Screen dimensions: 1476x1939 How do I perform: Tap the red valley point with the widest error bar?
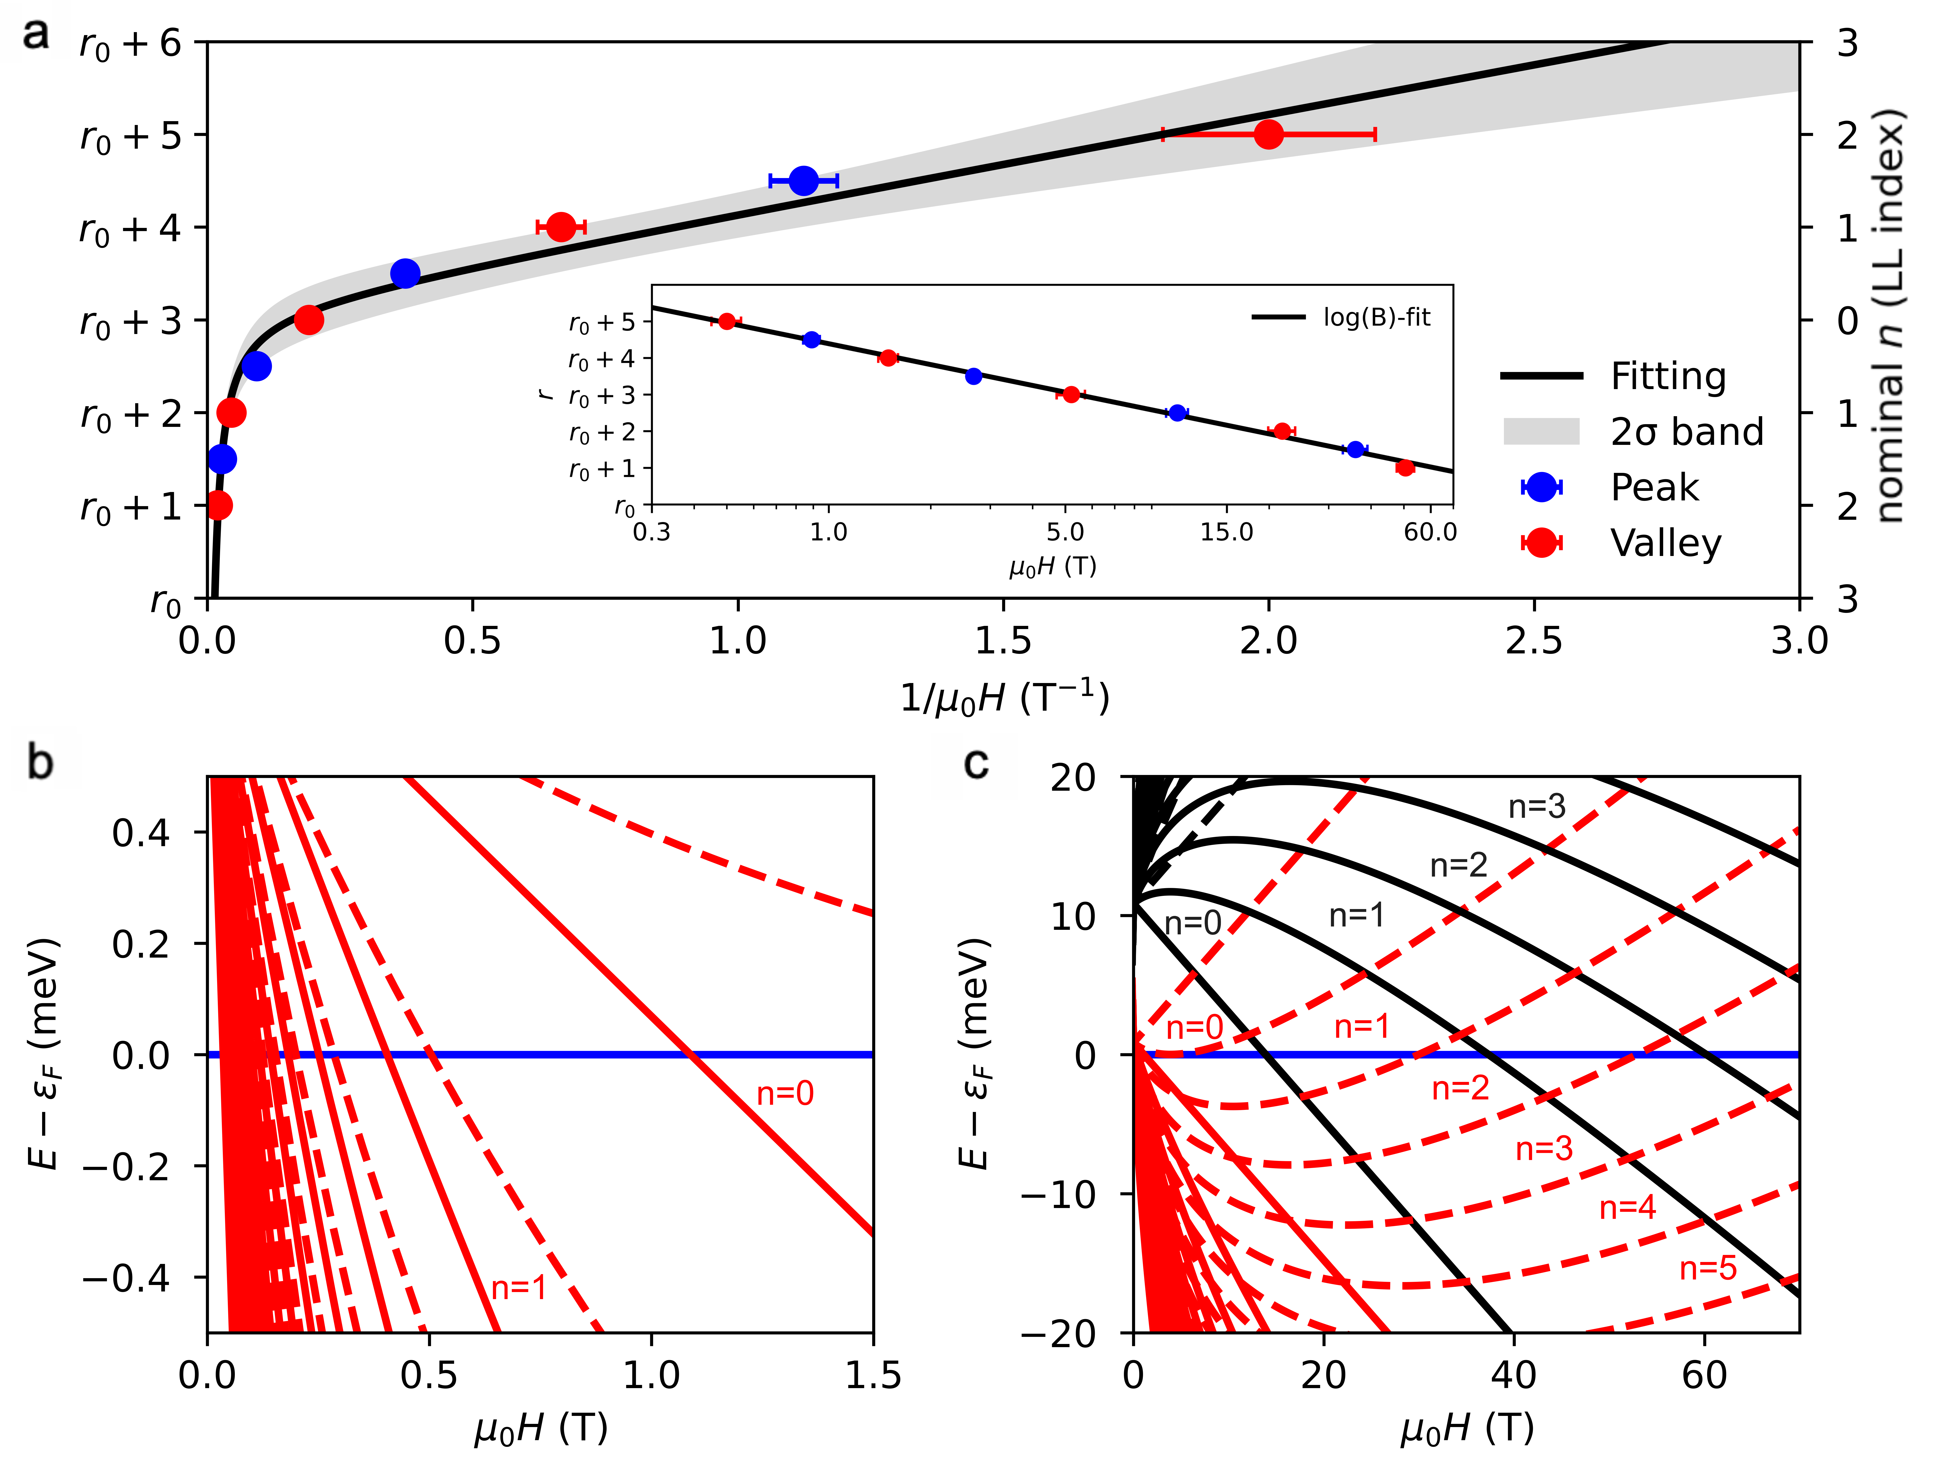pyautogui.click(x=1268, y=134)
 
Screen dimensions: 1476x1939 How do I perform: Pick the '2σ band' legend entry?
pyautogui.click(x=1686, y=431)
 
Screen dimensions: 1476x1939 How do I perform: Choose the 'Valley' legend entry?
pyautogui.click(x=1665, y=543)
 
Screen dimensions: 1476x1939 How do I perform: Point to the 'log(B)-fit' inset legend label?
pyautogui.click(x=1376, y=317)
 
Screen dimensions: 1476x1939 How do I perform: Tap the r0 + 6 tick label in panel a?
pyautogui.click(x=130, y=44)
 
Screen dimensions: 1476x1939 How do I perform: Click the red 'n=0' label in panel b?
pyautogui.click(x=785, y=1094)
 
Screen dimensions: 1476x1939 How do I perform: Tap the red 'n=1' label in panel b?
pyautogui.click(x=518, y=1288)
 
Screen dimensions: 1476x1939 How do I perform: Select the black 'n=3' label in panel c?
pyautogui.click(x=1537, y=806)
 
